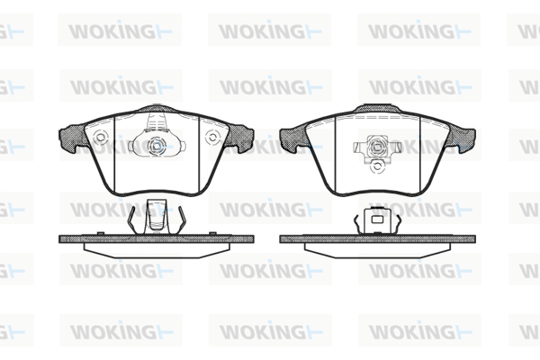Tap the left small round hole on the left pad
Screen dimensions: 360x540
point(101,138)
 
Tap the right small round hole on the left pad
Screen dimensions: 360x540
point(212,138)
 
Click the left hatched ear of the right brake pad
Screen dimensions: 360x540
point(293,138)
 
